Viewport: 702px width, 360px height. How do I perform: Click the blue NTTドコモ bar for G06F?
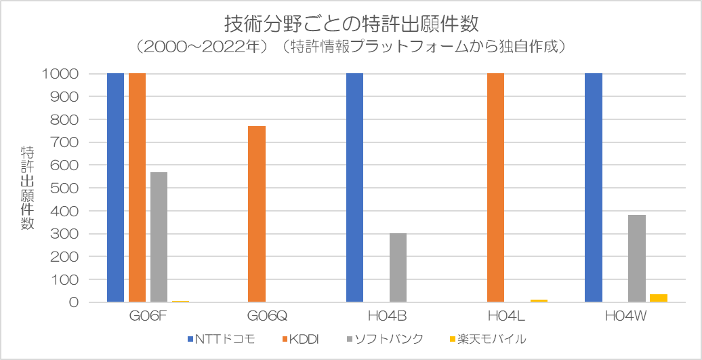115,188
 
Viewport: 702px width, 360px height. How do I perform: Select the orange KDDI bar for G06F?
137,188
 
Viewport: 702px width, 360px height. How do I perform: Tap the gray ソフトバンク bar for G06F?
159,237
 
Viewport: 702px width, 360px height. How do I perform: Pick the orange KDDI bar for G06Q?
256,214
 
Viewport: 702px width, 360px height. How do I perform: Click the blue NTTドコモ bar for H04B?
354,188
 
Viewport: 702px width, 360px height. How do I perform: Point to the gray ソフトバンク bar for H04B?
398,268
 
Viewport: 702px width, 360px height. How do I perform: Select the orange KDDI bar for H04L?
495,188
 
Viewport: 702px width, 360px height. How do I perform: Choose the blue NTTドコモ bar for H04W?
593,188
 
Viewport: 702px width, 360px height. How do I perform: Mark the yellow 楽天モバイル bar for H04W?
658,298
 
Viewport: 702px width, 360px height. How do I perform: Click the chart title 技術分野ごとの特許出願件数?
351,24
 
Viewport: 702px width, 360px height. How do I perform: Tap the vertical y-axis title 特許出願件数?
27,187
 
